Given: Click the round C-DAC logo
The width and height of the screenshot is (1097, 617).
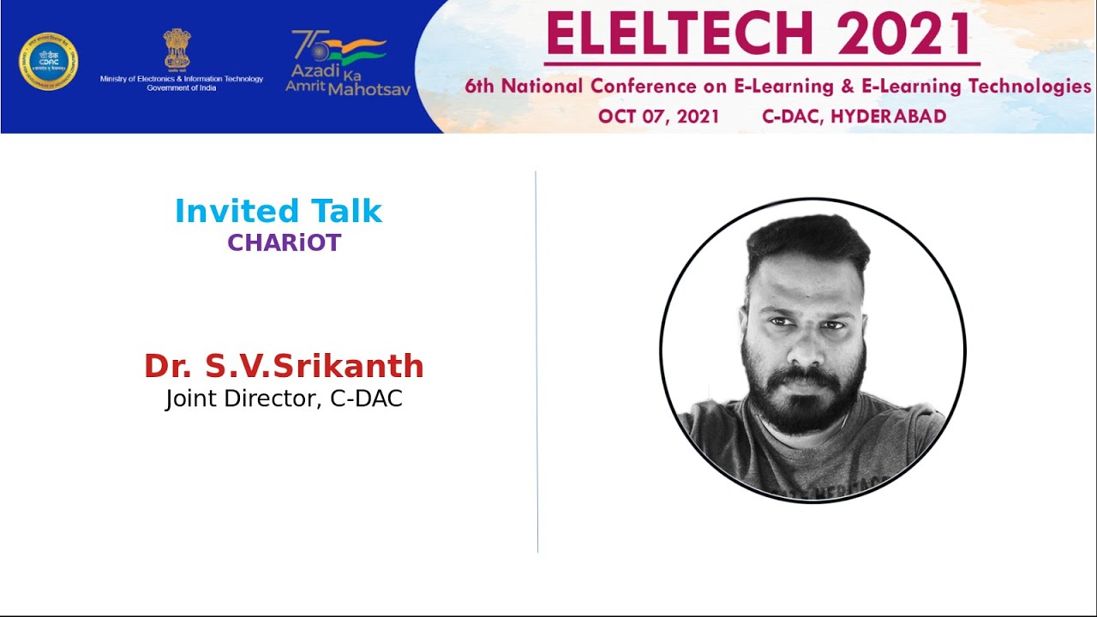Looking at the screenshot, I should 49,61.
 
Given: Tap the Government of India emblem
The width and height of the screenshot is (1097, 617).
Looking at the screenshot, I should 177,49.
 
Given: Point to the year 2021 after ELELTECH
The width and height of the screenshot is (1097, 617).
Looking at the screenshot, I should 903,34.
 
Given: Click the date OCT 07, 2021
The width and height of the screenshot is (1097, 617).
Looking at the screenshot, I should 658,117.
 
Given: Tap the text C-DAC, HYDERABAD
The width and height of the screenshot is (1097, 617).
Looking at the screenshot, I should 854,117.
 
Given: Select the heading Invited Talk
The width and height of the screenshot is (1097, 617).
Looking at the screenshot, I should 279,211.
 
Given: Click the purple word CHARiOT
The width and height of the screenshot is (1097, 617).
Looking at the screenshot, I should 284,243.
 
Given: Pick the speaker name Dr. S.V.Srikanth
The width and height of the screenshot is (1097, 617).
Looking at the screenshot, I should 284,366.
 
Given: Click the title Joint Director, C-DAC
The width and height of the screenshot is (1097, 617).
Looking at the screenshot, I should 284,398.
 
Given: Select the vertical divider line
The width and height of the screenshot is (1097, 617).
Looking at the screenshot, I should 537,360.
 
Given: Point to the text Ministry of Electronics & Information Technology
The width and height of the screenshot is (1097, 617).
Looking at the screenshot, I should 182,79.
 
